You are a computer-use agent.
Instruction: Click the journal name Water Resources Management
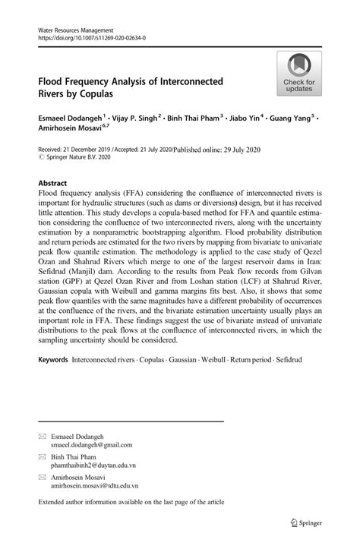70,27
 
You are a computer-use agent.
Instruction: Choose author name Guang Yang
295,118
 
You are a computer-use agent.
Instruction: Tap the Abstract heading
52,184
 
